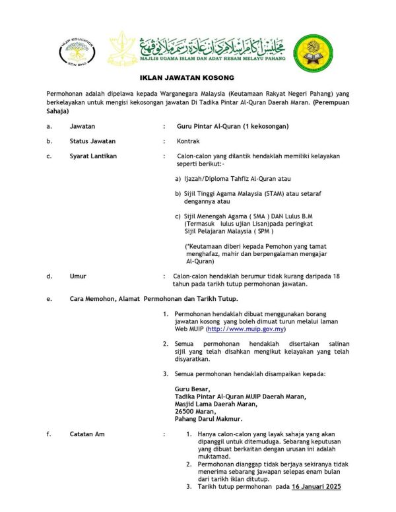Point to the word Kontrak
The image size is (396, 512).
(x=188, y=141)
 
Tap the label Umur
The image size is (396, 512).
(x=78, y=276)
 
